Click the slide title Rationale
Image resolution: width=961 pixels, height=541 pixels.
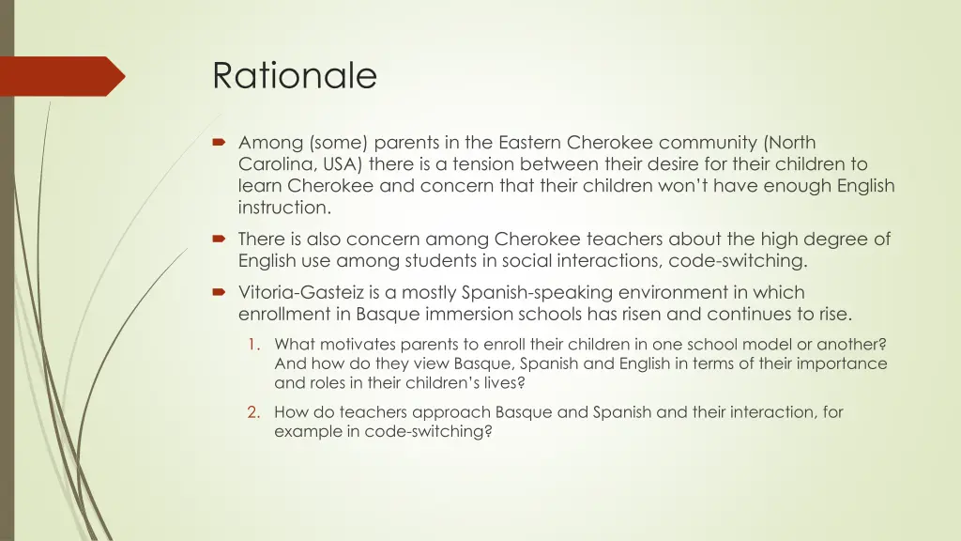pos(294,76)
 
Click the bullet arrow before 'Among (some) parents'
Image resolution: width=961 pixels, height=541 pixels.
pos(220,143)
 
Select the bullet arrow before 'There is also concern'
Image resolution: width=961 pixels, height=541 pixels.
pos(220,239)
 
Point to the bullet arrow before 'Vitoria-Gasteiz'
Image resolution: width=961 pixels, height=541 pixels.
pos(220,293)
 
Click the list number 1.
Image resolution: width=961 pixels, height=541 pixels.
pos(253,344)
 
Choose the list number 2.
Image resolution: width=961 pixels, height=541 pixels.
pos(253,411)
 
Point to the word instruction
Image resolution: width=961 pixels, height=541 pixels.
pos(284,208)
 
